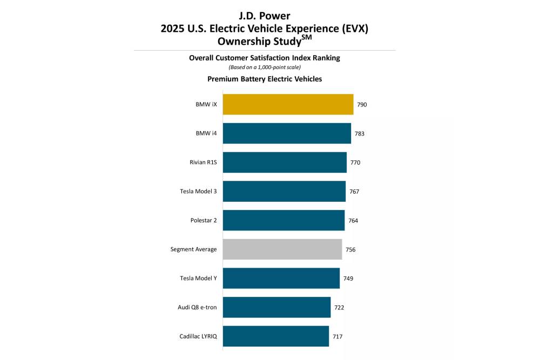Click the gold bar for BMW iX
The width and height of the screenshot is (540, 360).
(288, 104)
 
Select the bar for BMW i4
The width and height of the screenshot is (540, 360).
(287, 133)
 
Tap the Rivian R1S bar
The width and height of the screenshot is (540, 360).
(285, 162)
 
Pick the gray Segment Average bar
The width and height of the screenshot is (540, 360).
(282, 249)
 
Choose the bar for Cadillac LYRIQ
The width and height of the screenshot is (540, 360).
(275, 336)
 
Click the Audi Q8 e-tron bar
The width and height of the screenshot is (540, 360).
(276, 307)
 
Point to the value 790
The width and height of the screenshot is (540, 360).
(362, 105)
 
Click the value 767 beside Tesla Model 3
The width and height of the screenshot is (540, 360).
(354, 192)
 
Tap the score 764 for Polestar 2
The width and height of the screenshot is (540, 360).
(353, 221)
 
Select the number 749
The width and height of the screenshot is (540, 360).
(348, 279)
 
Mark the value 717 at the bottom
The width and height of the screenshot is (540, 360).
(337, 337)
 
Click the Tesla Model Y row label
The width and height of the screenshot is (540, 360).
(198, 279)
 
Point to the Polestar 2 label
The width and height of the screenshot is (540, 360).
(202, 221)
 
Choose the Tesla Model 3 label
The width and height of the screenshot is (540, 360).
(198, 192)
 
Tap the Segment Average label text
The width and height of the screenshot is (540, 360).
(193, 249)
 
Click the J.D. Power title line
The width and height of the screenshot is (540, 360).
(264, 16)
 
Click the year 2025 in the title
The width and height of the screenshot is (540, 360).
(173, 29)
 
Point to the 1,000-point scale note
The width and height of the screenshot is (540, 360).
(264, 67)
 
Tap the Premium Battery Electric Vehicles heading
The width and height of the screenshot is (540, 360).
(265, 79)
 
